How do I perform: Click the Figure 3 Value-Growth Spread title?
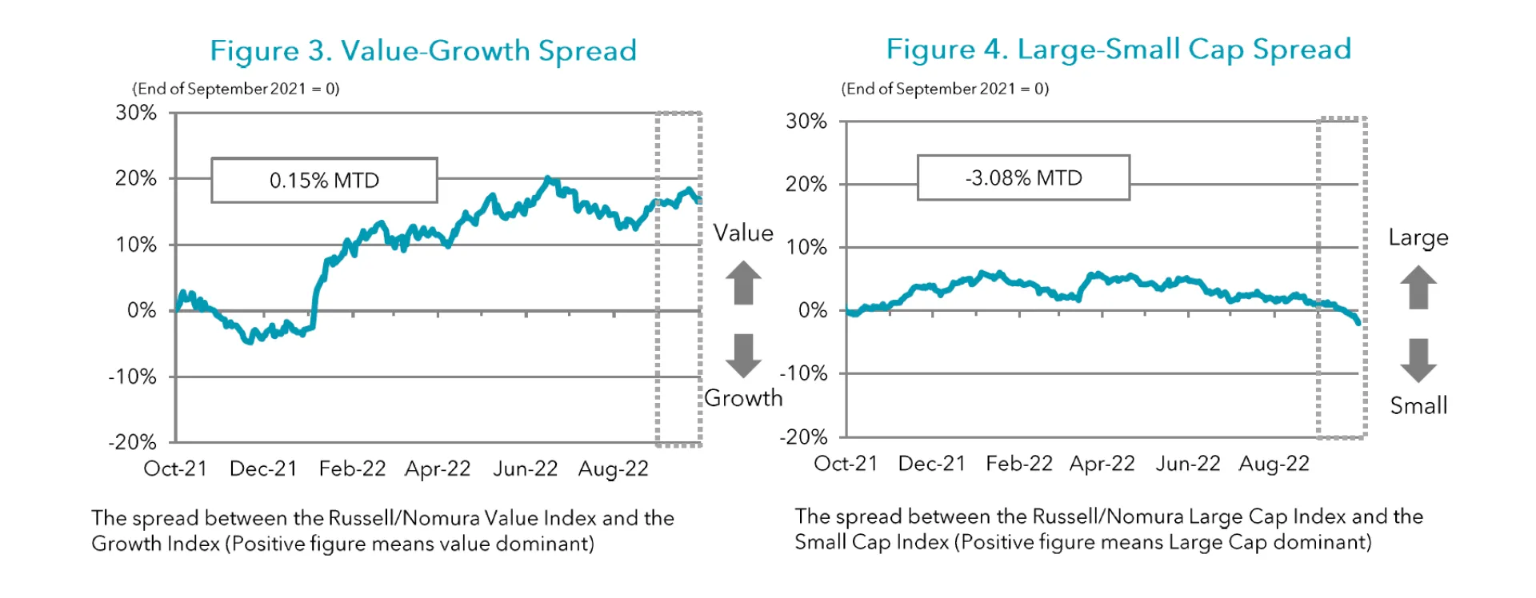tap(422, 50)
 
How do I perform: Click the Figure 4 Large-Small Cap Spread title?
tap(1118, 49)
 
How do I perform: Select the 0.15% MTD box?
tap(324, 180)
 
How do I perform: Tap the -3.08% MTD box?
tap(1023, 177)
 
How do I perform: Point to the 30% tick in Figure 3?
tap(136, 113)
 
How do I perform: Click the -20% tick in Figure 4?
tap(803, 437)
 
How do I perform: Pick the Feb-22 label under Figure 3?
tap(352, 468)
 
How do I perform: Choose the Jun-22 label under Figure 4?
tap(1187, 464)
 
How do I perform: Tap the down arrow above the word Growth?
tap(743, 356)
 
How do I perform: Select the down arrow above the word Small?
tap(1418, 361)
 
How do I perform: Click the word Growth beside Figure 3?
tap(743, 397)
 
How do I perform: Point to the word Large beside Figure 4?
tap(1418, 237)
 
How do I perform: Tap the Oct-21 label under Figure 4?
tap(845, 464)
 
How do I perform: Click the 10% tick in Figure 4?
tap(806, 247)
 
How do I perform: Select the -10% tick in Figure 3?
tap(133, 377)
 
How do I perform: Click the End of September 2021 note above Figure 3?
tap(236, 89)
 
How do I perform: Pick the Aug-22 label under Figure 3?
tap(613, 468)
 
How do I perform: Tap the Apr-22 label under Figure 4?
tap(1102, 464)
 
